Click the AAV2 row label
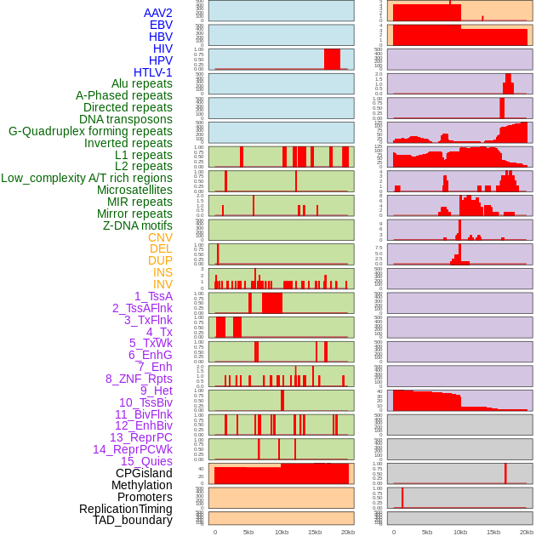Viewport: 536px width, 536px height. tap(157, 13)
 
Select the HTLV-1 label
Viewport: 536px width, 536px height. tap(153, 72)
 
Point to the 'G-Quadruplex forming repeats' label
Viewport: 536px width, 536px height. tap(90, 131)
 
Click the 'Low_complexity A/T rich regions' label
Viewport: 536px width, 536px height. tap(87, 178)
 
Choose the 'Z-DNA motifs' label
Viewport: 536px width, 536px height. tap(138, 225)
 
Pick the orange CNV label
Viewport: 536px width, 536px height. tap(160, 237)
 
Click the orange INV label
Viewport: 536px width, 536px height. tap(163, 284)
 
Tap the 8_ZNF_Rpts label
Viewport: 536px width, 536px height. tap(139, 379)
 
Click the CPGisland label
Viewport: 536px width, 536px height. tap(144, 473)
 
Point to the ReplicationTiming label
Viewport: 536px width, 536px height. tap(125, 509)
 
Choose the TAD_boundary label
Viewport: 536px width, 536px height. tap(133, 520)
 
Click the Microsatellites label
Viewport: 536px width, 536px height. tap(134, 190)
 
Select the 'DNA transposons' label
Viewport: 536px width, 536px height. tap(126, 119)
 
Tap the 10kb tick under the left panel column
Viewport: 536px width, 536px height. tap(282, 532)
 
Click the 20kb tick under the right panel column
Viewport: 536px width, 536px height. tap(527, 532)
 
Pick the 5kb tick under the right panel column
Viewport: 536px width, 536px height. tap(427, 532)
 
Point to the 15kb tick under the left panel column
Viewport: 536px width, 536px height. tap(315, 532)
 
